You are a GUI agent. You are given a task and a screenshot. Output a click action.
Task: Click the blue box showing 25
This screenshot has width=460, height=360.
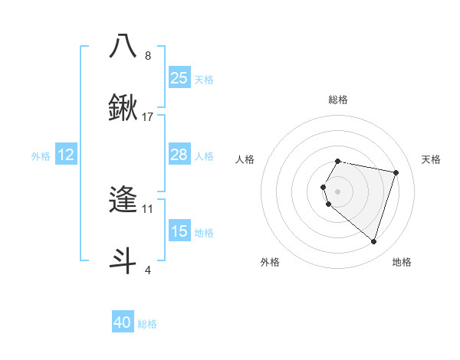[x=179, y=77]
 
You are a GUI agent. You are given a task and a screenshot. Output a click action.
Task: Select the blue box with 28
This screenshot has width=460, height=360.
[x=179, y=155]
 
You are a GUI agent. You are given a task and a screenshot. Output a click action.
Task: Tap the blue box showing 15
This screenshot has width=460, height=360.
[x=179, y=231]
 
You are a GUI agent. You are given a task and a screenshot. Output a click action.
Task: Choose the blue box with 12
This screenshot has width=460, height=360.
[x=66, y=155]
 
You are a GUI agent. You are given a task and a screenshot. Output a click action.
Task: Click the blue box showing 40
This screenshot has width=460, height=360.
[x=123, y=323]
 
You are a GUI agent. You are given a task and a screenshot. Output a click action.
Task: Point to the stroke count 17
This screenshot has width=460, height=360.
[x=148, y=117]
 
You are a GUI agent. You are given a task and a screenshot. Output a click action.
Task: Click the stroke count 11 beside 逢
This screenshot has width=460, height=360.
[x=148, y=208]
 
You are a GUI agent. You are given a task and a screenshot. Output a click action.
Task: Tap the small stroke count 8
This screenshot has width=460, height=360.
[x=148, y=55]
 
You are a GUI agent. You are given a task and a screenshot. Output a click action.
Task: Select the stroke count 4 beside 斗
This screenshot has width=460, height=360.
[x=148, y=270]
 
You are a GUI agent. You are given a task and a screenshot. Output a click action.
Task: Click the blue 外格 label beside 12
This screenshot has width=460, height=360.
[x=41, y=156]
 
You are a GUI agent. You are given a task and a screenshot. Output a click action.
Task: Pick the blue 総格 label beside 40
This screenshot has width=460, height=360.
[x=147, y=325]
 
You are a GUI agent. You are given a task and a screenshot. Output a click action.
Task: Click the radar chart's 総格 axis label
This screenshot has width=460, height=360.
[x=337, y=100]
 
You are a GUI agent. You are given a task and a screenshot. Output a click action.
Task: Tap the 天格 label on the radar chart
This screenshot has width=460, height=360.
[x=431, y=159]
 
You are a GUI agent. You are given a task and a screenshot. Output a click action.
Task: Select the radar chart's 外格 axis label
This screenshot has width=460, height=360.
[x=270, y=262]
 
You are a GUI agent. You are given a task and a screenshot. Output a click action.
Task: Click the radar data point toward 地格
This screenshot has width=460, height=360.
[x=373, y=242]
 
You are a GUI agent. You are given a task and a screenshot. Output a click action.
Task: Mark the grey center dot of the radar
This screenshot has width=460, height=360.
[x=337, y=191]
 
